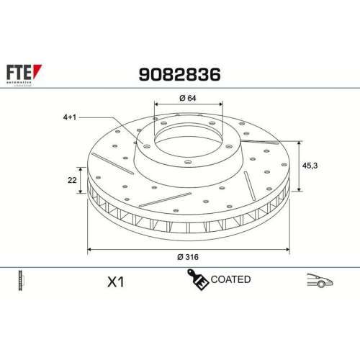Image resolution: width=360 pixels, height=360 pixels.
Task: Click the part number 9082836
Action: point(179,74)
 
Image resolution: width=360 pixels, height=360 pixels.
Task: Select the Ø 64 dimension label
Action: point(188,99)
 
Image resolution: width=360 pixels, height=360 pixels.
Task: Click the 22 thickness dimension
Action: point(72,180)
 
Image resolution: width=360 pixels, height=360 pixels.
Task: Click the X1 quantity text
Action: point(115,282)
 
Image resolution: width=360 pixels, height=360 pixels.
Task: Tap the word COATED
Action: point(230,279)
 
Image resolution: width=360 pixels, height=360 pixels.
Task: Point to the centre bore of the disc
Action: point(188,139)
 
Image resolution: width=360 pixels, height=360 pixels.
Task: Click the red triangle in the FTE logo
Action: point(38,71)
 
